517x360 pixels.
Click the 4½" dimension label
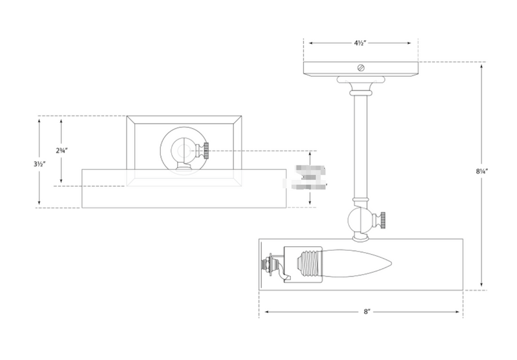(x=361, y=43)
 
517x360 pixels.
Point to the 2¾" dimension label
(x=61, y=150)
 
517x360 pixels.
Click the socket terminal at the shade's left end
(x=267, y=265)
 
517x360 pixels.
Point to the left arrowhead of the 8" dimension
(x=262, y=312)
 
